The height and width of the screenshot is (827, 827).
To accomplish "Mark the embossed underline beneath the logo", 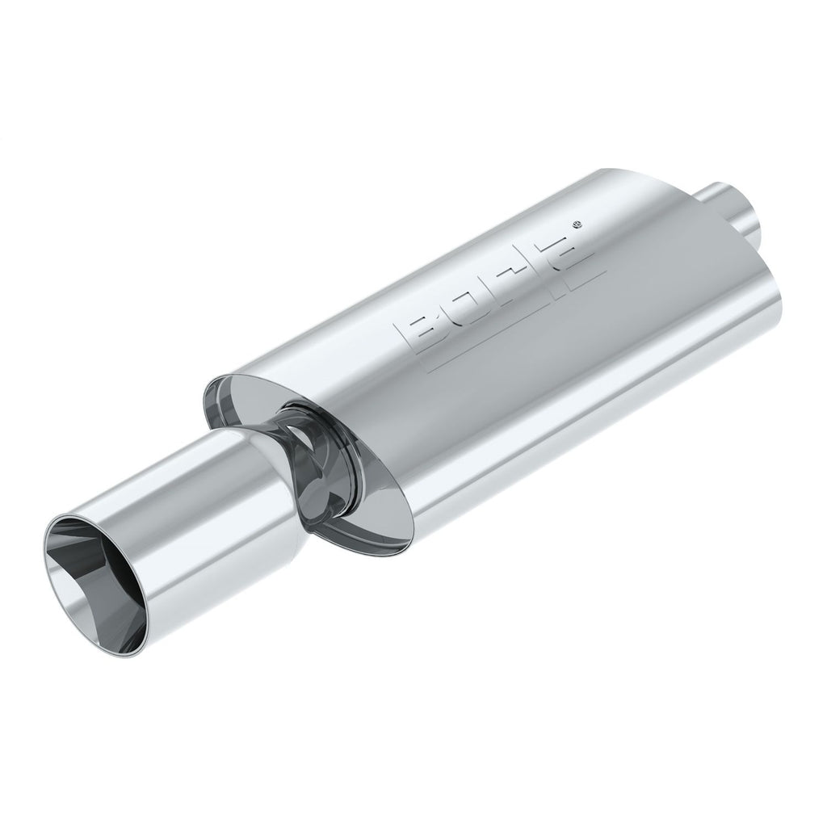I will coord(517,319).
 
